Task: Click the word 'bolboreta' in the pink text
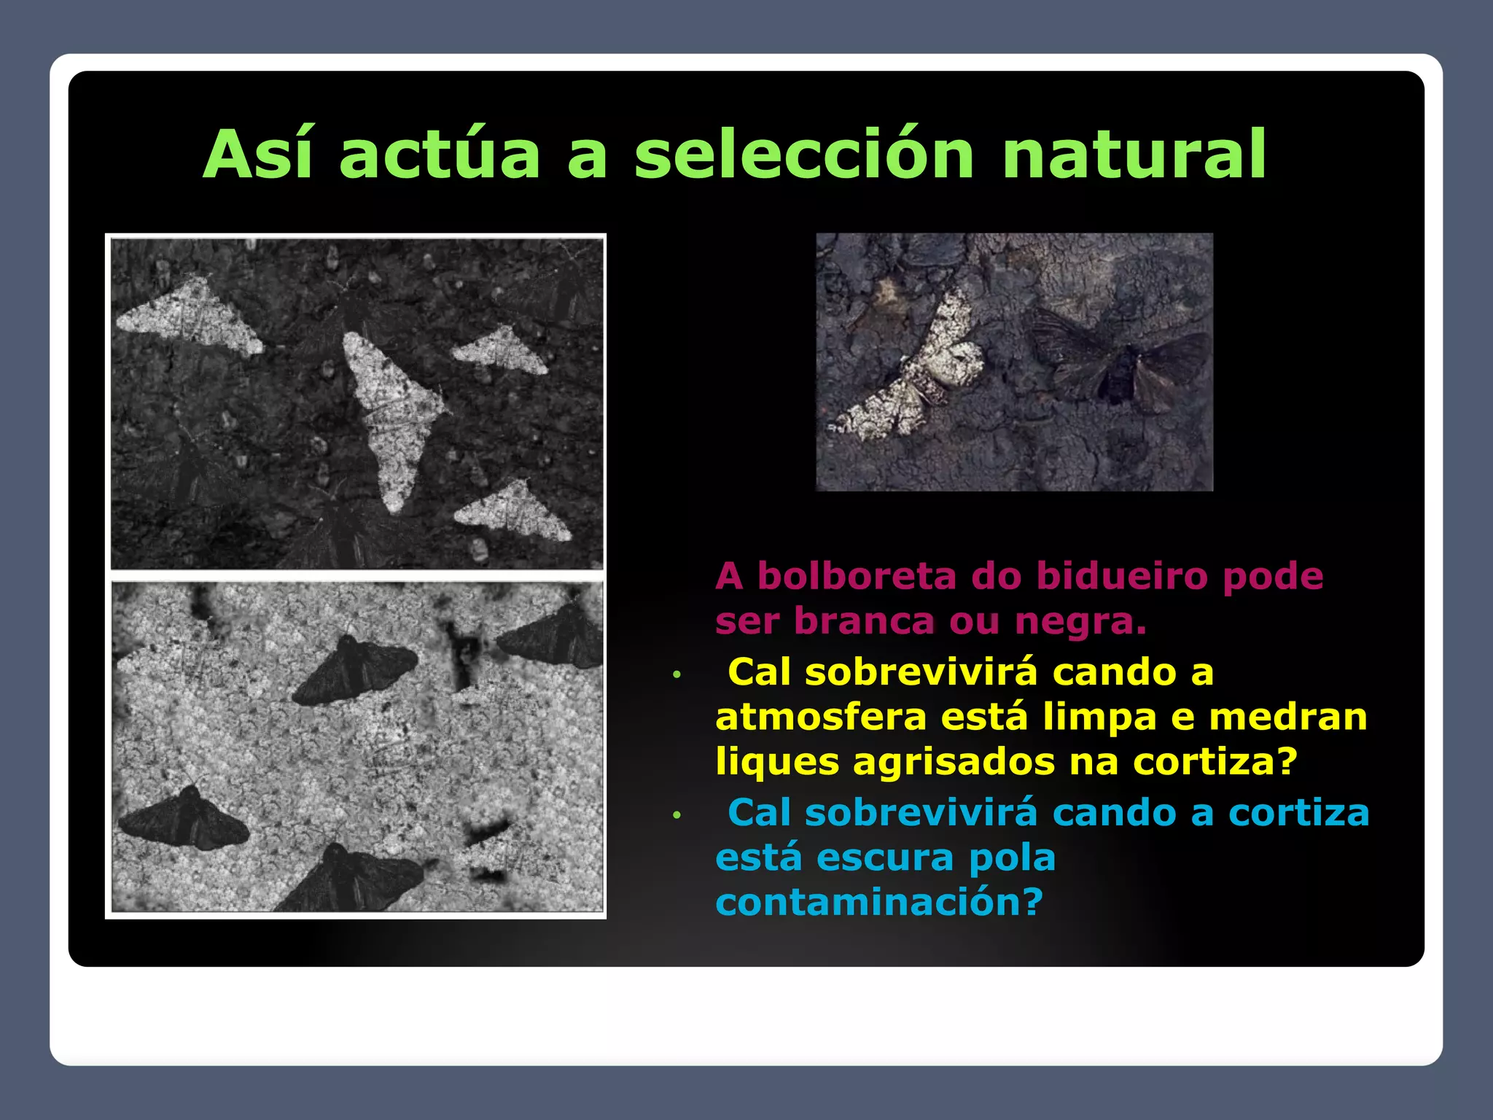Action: point(857,576)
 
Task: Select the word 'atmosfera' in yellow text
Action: point(820,717)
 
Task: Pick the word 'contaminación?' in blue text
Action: point(879,903)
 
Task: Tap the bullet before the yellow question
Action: point(677,674)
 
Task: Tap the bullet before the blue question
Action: point(677,815)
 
